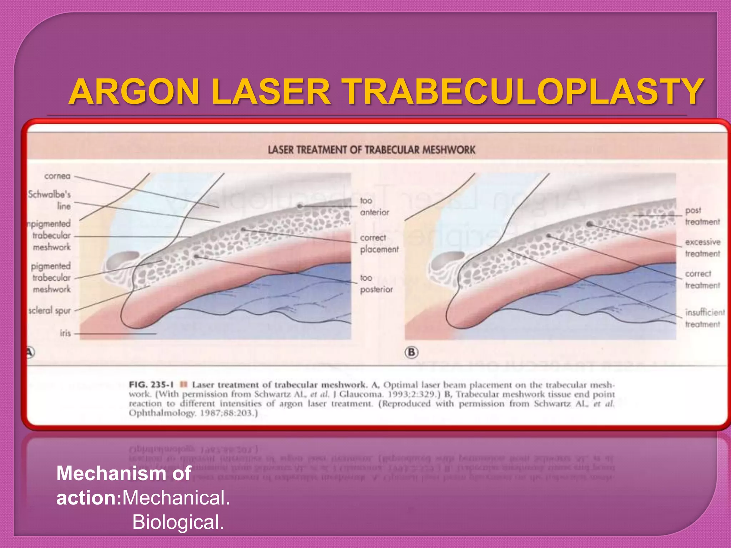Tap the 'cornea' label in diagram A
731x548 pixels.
[x=57, y=176]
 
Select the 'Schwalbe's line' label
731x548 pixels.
[x=50, y=200]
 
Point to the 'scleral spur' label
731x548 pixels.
[x=50, y=310]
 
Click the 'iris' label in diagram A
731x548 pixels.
[x=65, y=333]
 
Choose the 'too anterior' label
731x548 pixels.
[x=374, y=206]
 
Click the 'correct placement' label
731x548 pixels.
[x=379, y=243]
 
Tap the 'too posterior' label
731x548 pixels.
[x=376, y=283]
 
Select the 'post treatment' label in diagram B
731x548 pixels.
[x=702, y=216]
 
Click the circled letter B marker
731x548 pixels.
[x=411, y=352]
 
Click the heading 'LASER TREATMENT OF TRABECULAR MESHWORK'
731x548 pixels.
[x=371, y=150]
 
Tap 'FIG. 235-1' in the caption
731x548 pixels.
[x=151, y=385]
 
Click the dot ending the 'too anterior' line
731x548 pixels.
[x=300, y=206]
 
